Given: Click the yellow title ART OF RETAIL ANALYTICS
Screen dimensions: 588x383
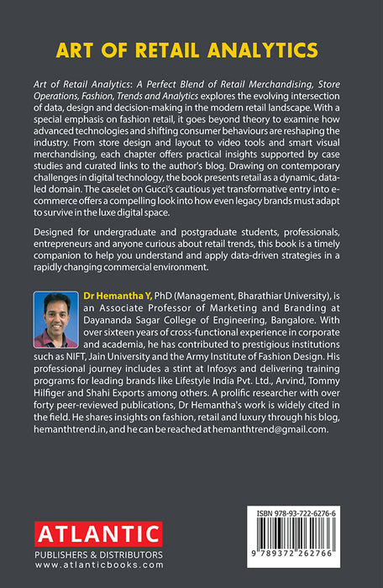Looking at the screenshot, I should tap(191, 50).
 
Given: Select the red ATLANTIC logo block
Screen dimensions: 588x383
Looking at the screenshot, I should tap(97, 533).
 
